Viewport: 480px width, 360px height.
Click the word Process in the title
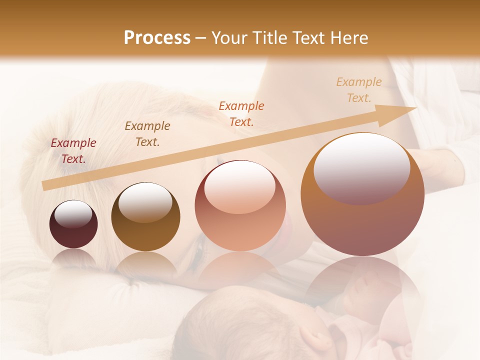pos(157,38)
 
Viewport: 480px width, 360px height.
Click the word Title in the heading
pos(270,38)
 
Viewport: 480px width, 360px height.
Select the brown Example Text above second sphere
pos(147,134)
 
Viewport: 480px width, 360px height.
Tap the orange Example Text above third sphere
pos(241,113)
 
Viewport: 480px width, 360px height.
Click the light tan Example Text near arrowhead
pos(359,90)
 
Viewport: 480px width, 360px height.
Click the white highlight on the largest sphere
pos(361,167)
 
